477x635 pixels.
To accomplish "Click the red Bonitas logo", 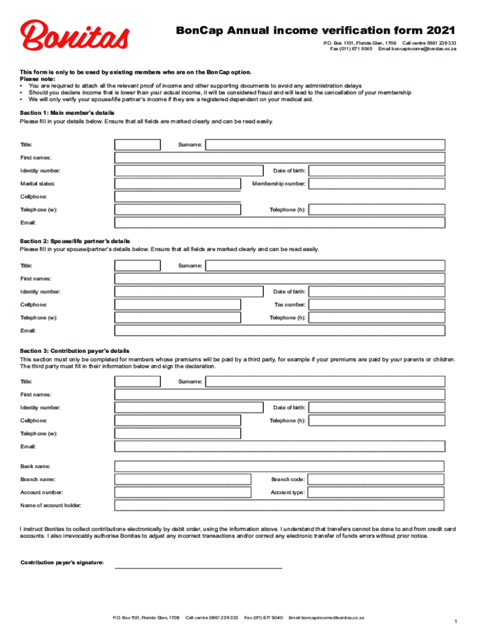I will (75, 35).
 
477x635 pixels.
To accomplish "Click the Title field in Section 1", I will (138, 144).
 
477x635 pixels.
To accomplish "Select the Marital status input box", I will (178, 184).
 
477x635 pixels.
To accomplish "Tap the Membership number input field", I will (377, 184).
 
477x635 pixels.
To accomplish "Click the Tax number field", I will (377, 304).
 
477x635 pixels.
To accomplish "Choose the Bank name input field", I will (279, 466).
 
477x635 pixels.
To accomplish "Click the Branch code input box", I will (377, 479).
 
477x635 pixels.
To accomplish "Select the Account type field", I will (377, 492).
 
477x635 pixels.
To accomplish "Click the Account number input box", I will (183, 492).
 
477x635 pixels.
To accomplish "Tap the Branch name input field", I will (183, 479).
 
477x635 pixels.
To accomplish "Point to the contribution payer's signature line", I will (198, 566).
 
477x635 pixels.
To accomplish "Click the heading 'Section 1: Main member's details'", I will (67, 113).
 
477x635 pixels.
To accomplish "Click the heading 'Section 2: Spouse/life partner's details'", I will (75, 241).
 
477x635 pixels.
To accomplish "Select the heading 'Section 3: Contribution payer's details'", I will (74, 351).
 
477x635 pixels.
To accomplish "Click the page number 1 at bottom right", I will (455, 621).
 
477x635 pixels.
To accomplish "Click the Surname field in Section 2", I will (325, 265).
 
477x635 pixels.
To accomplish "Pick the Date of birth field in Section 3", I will (377, 407).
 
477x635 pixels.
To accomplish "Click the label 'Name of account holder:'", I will (51, 505).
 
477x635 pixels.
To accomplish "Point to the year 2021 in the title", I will (440, 30).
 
